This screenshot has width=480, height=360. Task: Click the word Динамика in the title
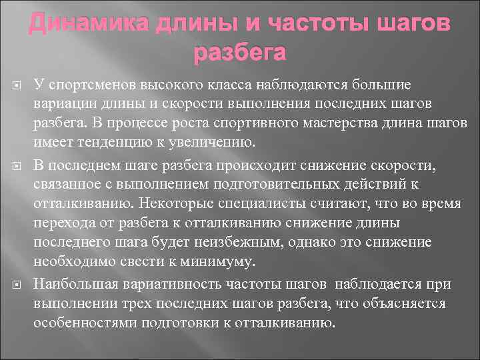pos(89,25)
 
